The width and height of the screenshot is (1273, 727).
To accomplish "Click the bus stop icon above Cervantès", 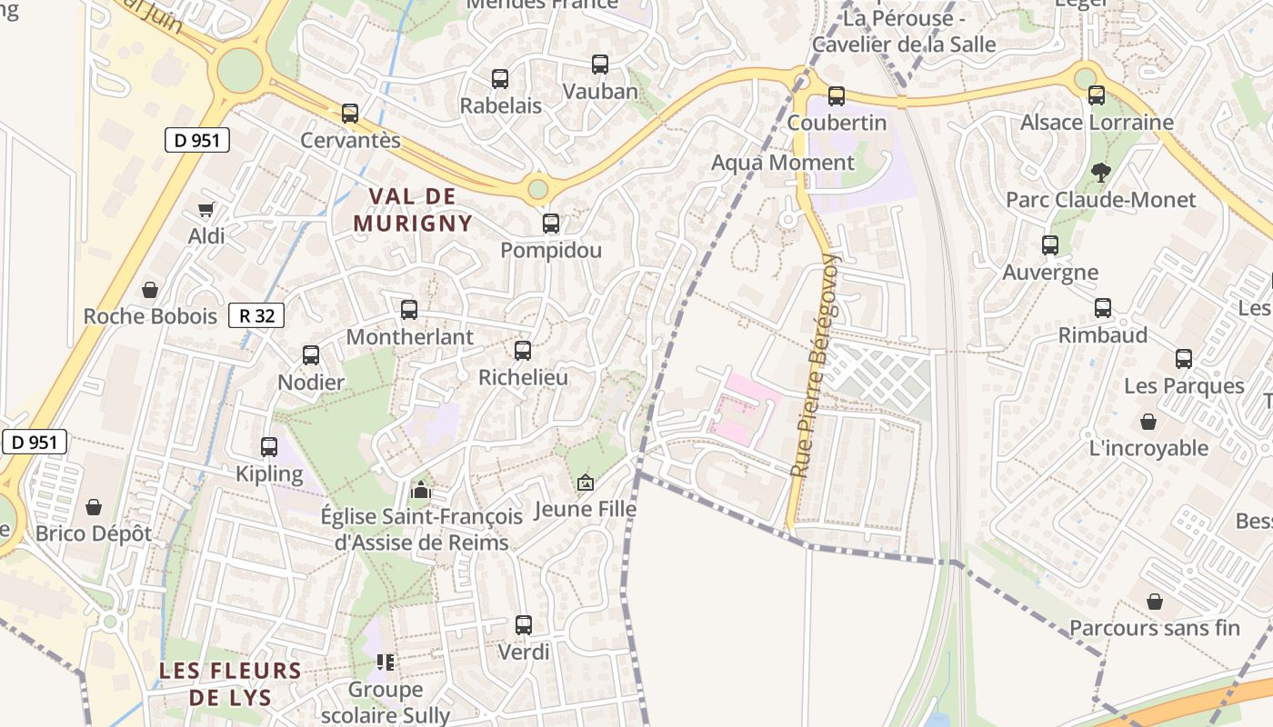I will pos(350,114).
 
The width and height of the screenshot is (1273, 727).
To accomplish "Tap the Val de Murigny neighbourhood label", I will pos(413,210).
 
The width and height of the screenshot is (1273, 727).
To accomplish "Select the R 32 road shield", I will pos(256,315).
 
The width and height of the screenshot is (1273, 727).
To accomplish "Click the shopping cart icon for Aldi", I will pos(206,210).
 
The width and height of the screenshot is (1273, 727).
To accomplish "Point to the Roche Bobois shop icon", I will pos(150,290).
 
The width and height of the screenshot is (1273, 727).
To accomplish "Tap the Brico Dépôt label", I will pos(94,533).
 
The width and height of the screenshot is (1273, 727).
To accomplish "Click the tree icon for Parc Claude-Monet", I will pos(1100,173).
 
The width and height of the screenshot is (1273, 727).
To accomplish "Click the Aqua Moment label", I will pos(783,163).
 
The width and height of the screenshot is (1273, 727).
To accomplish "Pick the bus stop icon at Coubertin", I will pos(837,95).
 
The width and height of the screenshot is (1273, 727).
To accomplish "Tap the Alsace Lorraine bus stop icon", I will pos(1097,95).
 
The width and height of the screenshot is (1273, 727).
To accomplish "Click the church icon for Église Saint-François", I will pos(420,491).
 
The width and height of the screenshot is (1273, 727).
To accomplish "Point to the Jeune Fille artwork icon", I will pos(585,483).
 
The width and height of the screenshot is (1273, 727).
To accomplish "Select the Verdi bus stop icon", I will pos(524,625).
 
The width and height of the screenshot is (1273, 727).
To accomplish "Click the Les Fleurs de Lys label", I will pos(229,684).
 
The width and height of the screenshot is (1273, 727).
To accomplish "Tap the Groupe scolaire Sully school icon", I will pos(386,662).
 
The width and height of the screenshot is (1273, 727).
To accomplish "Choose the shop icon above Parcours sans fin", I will pos(1154,602).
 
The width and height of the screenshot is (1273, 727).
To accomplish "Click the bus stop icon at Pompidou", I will pos(551,224).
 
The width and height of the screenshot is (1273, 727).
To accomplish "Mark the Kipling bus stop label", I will pos(269,473).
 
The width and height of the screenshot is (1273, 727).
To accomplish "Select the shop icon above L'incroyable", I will pos(1148,422).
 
